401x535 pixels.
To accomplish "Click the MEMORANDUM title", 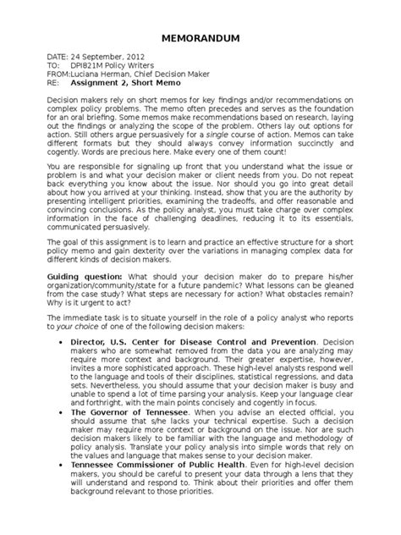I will [200, 40].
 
